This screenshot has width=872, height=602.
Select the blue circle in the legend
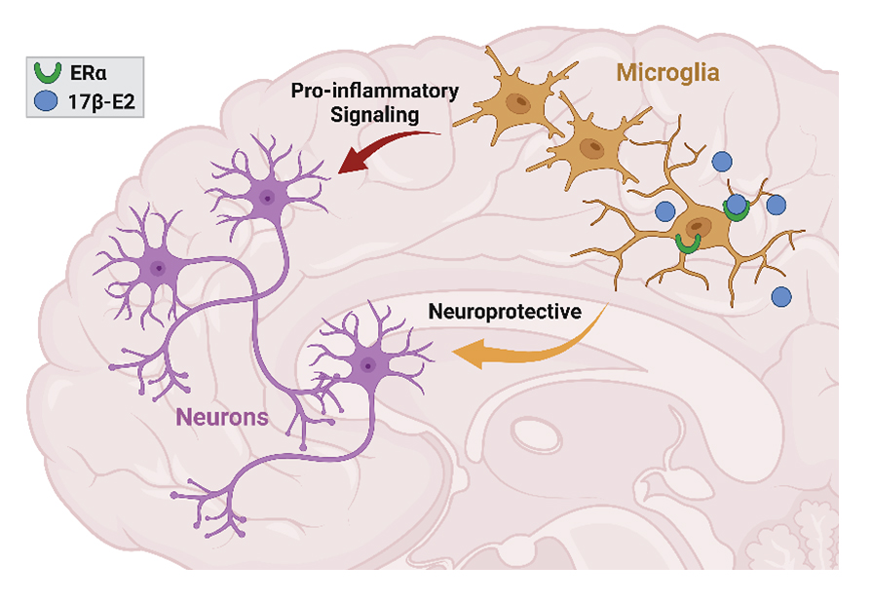[47, 98]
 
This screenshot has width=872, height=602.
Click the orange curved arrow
[526, 346]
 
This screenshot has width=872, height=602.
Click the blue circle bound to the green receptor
[737, 205]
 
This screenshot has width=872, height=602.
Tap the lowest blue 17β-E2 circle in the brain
[780, 295]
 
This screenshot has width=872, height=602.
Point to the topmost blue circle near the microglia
[722, 161]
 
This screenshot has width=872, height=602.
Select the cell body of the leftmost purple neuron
[156, 264]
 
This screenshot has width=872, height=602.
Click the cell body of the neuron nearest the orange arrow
[367, 364]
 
